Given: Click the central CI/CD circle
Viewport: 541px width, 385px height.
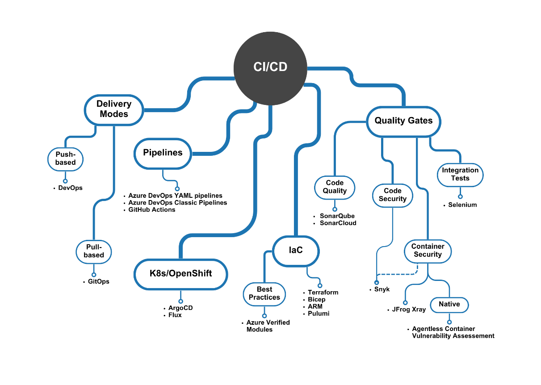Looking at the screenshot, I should [x=270, y=67].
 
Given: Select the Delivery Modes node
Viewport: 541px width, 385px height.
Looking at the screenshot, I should [x=114, y=109].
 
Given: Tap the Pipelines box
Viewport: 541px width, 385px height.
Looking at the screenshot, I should [x=163, y=153].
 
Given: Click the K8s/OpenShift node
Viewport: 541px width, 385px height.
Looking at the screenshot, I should [x=180, y=273].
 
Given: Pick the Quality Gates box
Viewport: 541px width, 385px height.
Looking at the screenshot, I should [x=403, y=121].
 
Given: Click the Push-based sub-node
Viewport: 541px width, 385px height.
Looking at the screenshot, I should [x=66, y=159].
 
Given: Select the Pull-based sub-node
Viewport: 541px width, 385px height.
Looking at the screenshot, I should [x=94, y=251].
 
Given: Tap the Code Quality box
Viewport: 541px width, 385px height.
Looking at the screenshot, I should [x=335, y=187].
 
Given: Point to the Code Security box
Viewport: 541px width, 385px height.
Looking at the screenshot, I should [x=392, y=195].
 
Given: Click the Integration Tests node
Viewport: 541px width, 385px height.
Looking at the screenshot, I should [x=460, y=174].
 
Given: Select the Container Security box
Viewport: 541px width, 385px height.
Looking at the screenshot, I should [x=428, y=251].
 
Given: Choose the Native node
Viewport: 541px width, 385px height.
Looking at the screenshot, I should [x=449, y=304].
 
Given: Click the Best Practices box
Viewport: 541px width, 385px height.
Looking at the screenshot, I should [x=264, y=293].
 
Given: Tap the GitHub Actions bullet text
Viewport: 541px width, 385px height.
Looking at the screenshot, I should [x=151, y=209].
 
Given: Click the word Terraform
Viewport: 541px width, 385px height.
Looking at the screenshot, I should [x=323, y=292].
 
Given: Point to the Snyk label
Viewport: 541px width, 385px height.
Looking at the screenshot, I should [x=382, y=289].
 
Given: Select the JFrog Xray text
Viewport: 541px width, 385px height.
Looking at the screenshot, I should [x=409, y=309].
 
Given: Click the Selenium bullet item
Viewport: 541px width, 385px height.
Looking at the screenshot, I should [x=462, y=205].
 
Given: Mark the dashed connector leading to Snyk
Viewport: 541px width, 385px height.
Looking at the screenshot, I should [x=398, y=274].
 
